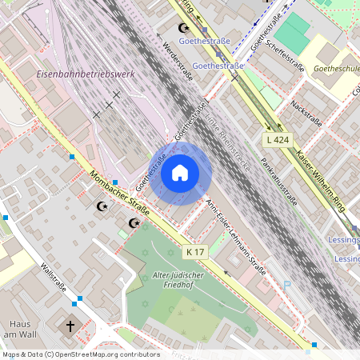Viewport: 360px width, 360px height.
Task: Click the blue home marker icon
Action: [180, 173]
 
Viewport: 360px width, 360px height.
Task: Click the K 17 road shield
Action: [195, 252]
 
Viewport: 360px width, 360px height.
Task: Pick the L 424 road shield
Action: [277, 140]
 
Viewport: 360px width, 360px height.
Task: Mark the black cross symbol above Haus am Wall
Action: [70, 326]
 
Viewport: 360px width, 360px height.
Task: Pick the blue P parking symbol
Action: [287, 285]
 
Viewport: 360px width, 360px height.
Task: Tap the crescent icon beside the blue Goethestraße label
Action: [182, 29]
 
